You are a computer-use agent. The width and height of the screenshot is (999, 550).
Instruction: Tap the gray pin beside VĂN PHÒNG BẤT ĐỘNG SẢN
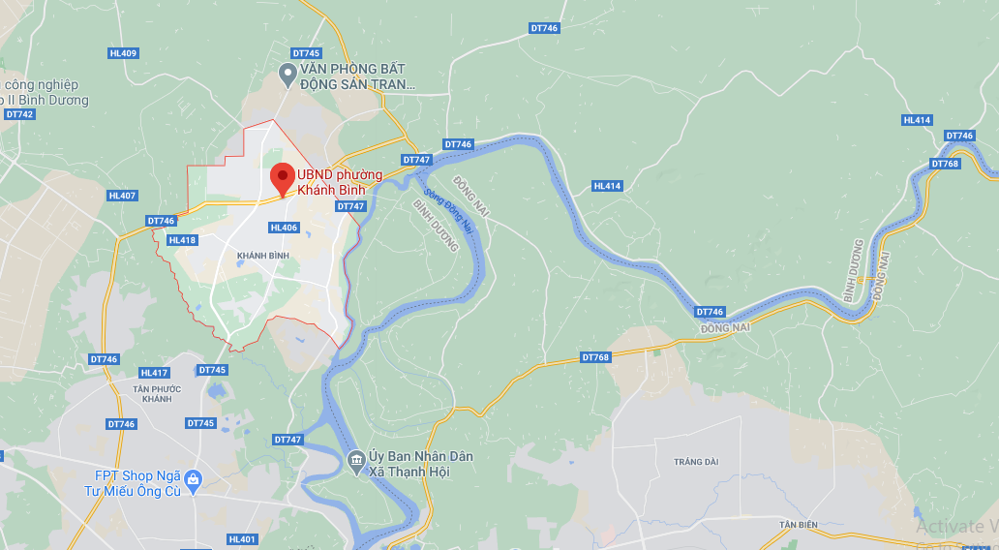287,73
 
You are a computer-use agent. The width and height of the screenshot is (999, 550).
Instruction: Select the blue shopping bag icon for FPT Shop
193,478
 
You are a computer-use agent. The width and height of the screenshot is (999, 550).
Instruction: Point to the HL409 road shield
123,53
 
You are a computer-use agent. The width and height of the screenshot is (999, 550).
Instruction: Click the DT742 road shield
18,114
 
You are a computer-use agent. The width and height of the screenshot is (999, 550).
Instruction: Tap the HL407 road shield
123,196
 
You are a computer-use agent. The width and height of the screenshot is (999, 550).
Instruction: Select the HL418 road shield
182,240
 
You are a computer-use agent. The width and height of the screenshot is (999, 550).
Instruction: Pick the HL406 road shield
284,228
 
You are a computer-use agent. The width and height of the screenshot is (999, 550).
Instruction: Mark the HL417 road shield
154,373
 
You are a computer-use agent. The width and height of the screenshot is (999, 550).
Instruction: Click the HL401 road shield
243,539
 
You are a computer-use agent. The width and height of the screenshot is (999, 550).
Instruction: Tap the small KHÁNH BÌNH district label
262,255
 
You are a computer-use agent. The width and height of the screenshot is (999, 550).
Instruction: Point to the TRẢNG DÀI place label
697,462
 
